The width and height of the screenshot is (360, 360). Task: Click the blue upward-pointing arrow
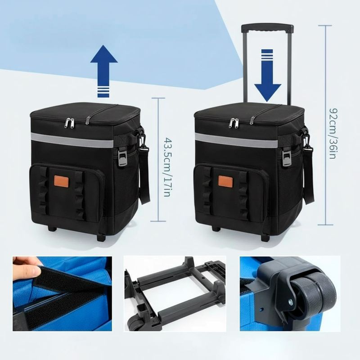[x=104, y=71]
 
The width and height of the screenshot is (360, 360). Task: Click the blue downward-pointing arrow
[x=267, y=76]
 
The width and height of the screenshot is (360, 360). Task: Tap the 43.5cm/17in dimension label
[x=167, y=167]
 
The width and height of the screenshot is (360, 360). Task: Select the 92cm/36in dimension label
[x=333, y=133]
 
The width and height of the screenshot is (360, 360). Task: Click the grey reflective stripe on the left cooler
[x=72, y=139]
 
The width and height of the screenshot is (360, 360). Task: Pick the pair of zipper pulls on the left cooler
[x=70, y=122]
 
